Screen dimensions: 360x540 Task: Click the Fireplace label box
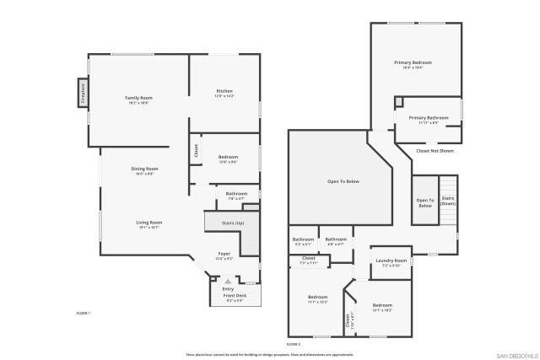[x=84, y=92]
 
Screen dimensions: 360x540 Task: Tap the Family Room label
[x=138, y=99]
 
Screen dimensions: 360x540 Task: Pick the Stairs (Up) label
[x=233, y=223]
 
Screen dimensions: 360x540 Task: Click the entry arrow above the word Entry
[x=227, y=281]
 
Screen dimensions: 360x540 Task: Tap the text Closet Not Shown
[x=435, y=151]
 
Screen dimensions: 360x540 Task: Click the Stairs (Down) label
[x=447, y=201]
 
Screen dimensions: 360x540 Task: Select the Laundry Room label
[x=391, y=261]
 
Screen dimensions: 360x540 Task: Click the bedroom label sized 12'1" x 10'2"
[x=382, y=306]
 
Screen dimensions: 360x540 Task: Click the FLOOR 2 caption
[x=293, y=344]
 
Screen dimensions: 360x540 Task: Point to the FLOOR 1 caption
[x=83, y=313]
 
